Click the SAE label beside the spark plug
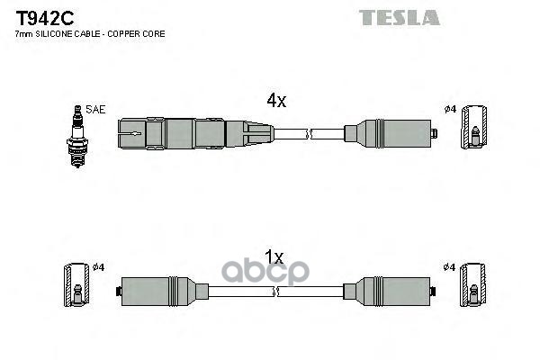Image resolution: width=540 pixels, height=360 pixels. [x=96, y=110]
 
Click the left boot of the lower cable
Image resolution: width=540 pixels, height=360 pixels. [x=162, y=292]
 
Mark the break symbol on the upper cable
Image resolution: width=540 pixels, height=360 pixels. [x=308, y=136]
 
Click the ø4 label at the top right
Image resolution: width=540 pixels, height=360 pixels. [x=451, y=110]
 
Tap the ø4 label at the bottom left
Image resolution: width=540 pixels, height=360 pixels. [x=100, y=267]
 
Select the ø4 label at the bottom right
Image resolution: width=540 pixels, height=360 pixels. [x=451, y=267]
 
